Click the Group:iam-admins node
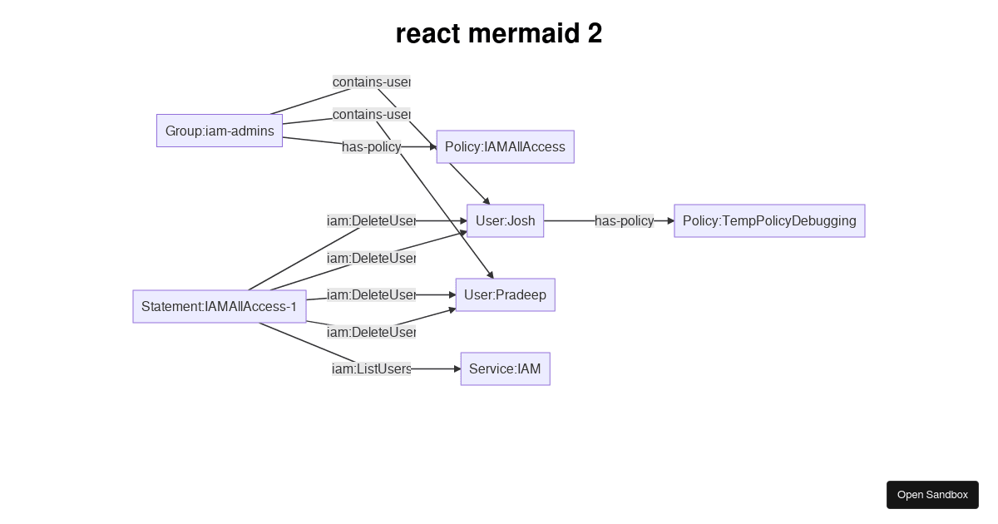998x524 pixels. (220, 131)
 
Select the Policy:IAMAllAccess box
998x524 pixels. (505, 146)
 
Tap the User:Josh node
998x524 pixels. (505, 220)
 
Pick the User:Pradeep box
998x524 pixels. (505, 294)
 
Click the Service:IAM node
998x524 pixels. (505, 368)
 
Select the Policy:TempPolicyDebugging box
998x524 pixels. (769, 220)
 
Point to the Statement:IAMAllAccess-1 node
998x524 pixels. (220, 306)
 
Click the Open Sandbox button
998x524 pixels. (932, 494)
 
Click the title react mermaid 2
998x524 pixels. (499, 34)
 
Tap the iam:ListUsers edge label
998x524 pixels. (371, 368)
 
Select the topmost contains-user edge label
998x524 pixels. (371, 82)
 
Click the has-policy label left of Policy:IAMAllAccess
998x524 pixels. (371, 147)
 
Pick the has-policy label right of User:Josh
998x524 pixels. (624, 220)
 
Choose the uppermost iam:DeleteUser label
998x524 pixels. (371, 220)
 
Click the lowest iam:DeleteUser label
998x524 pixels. (371, 332)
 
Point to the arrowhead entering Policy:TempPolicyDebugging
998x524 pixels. (670, 220)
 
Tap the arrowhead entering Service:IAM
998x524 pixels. (457, 368)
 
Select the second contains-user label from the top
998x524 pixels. (371, 114)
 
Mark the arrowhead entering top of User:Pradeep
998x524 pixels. (492, 274)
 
